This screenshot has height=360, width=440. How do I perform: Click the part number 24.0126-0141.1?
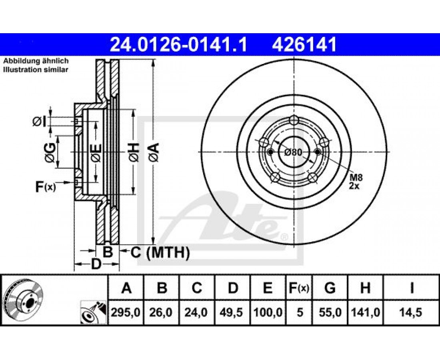(178, 45)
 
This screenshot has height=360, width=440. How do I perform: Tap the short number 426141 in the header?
(304, 45)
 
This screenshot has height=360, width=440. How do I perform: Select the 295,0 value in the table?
(126, 312)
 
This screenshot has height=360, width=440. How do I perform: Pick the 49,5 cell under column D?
(232, 312)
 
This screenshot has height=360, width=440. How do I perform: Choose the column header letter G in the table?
(330, 288)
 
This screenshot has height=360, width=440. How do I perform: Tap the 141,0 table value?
(365, 312)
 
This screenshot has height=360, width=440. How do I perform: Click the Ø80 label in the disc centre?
(293, 152)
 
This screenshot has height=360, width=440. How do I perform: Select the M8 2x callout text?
(356, 181)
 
